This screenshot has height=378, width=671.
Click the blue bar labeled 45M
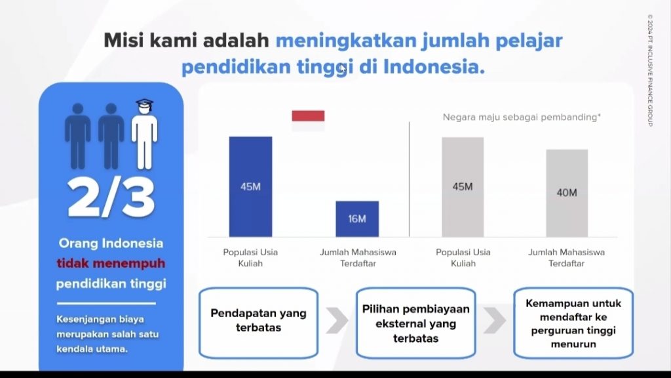(x=250, y=186)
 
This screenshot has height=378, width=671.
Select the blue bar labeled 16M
(x=357, y=219)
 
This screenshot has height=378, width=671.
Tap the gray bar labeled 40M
(x=567, y=193)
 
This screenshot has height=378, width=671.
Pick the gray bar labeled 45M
(x=463, y=187)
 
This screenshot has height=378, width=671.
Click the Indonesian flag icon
(x=308, y=121)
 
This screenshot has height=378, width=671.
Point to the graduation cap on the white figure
(x=145, y=104)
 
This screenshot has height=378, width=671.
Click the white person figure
(x=145, y=135)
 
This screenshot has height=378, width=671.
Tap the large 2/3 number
(x=111, y=198)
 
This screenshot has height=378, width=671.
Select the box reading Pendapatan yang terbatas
(x=258, y=323)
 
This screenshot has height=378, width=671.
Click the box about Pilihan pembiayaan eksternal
(x=415, y=323)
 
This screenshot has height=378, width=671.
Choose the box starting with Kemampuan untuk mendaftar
(x=573, y=323)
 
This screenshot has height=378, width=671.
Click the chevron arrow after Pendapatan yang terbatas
(x=337, y=320)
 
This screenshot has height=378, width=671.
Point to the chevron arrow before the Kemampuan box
(x=494, y=320)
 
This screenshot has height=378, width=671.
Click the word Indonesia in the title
(x=434, y=67)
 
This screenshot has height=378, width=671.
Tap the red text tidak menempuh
(x=111, y=263)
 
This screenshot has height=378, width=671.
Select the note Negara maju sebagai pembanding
(x=522, y=117)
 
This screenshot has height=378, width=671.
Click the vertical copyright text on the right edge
(x=650, y=70)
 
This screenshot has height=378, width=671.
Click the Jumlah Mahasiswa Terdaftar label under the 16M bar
(x=358, y=257)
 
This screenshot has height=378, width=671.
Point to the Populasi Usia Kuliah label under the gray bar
(x=463, y=257)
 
